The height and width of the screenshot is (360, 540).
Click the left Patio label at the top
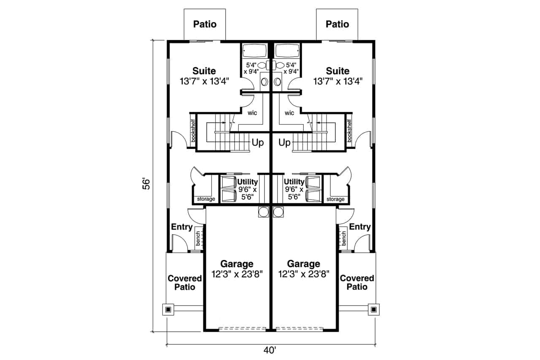coord(205,24)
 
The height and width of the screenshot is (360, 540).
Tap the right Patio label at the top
coord(337,24)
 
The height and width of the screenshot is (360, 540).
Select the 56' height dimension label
coord(146,184)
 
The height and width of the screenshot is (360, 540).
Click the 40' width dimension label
coord(270,350)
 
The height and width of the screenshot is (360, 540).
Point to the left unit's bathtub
coord(254,51)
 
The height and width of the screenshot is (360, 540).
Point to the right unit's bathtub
coord(287,51)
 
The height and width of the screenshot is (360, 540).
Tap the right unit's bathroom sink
coord(278,82)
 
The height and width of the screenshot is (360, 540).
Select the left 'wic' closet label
coord(252,113)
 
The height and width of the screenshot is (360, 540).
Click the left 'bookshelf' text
coord(193,130)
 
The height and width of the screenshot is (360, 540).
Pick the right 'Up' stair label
coord(284,143)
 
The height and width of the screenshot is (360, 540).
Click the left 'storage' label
coord(206,199)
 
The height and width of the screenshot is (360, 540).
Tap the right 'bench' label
coord(343,238)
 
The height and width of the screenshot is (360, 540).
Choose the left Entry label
coord(182,227)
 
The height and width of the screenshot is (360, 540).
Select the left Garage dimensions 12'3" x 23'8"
coord(237,274)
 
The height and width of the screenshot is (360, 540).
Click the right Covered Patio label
coord(357,283)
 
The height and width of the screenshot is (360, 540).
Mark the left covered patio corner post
coord(168,309)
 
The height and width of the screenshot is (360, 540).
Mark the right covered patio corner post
coord(374,309)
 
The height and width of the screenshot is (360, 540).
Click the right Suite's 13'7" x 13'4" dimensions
coord(338,81)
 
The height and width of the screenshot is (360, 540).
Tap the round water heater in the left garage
coord(264,212)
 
